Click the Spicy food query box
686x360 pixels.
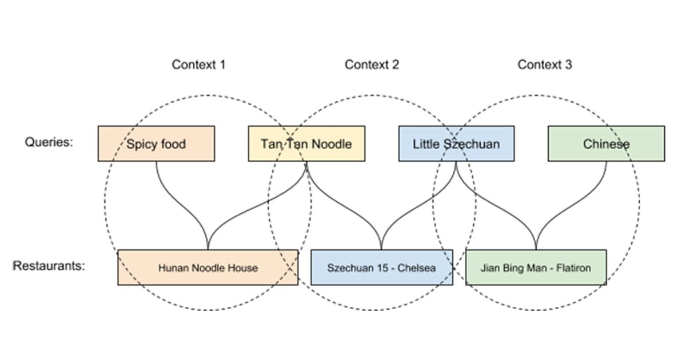click(156, 143)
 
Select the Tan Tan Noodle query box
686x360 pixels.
click(306, 143)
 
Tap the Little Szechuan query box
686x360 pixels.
click(456, 143)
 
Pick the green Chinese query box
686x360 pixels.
click(606, 143)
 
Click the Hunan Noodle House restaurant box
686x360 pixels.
click(208, 267)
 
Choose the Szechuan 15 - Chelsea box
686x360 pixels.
click(381, 267)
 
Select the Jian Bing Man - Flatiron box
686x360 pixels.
click(536, 267)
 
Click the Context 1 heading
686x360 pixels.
click(198, 65)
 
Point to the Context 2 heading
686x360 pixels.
click(372, 65)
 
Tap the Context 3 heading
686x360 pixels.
click(544, 65)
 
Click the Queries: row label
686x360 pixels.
click(49, 142)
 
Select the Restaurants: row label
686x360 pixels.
click(49, 266)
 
